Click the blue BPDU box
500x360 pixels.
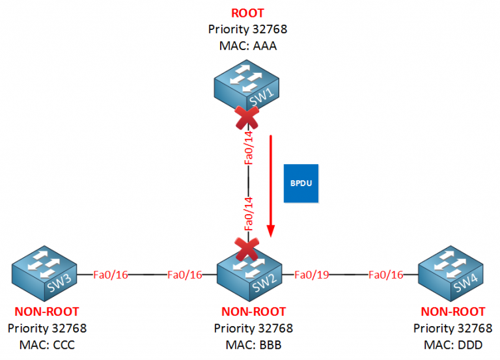pos(301,183)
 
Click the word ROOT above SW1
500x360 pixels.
pos(248,13)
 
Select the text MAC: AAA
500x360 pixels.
pos(248,45)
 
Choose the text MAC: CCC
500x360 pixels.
pos(47,344)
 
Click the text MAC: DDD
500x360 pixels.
pos(452,344)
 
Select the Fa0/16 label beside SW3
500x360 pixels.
pos(111,275)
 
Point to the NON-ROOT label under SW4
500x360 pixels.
pos(452,312)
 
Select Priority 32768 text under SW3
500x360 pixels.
pos(47,328)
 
